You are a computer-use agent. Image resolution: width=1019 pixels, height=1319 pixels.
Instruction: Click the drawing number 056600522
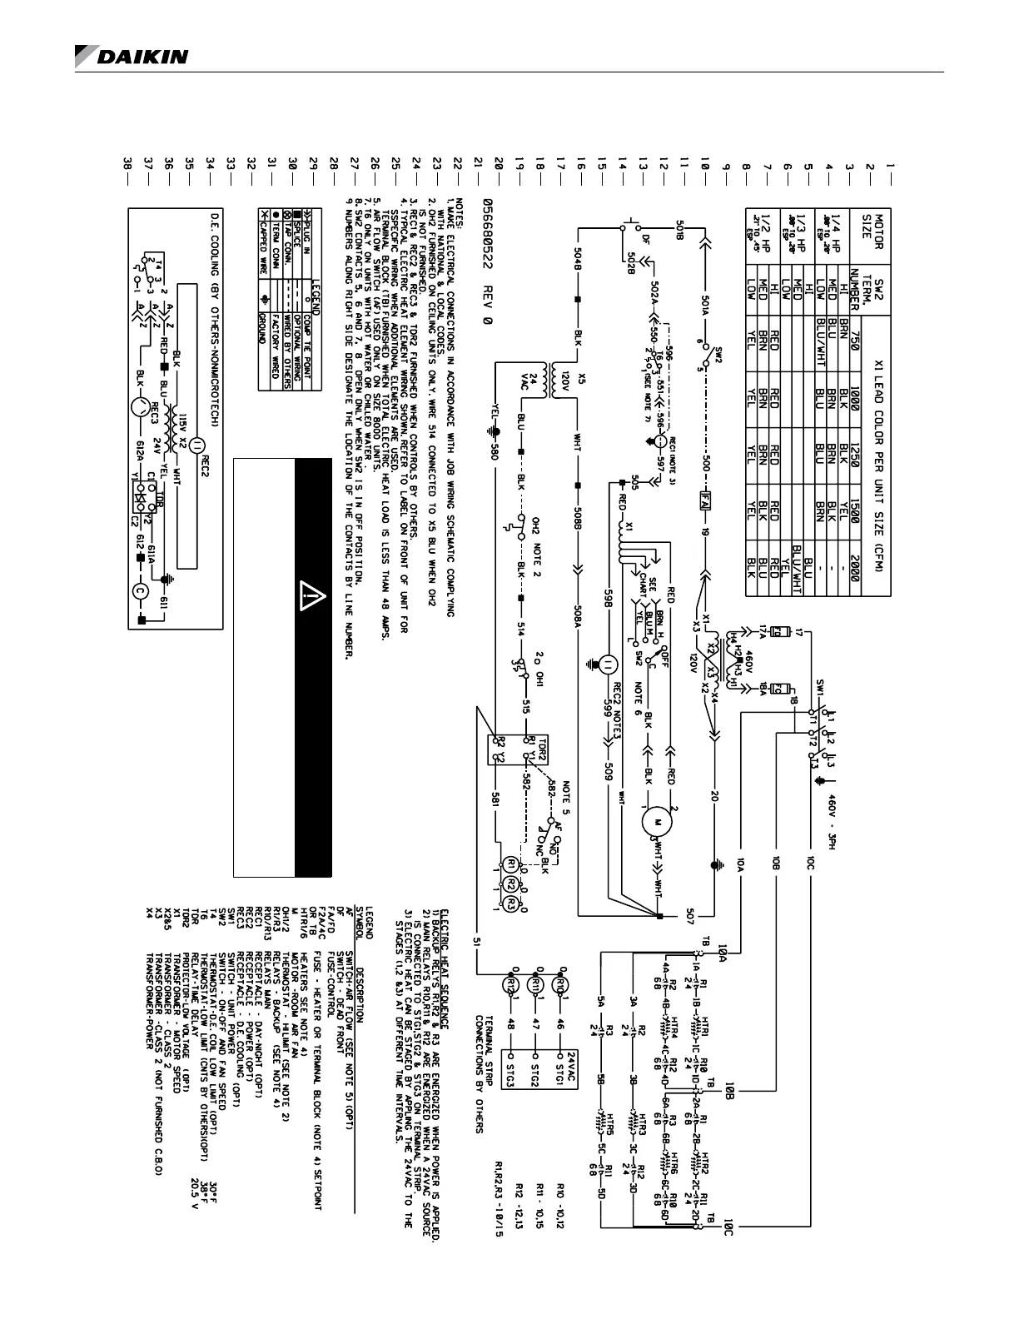pyautogui.click(x=483, y=254)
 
